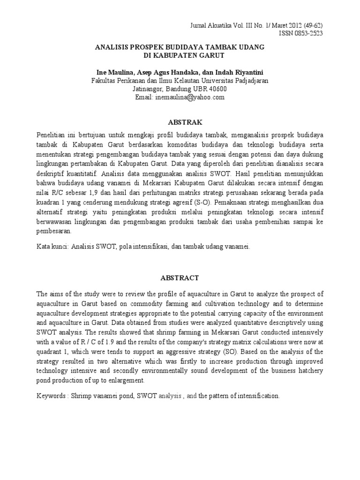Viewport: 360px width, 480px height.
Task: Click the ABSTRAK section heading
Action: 180,123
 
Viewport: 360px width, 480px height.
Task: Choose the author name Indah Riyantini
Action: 240,72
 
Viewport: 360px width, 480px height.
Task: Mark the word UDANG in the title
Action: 248,47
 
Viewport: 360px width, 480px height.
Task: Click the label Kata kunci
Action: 52,246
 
